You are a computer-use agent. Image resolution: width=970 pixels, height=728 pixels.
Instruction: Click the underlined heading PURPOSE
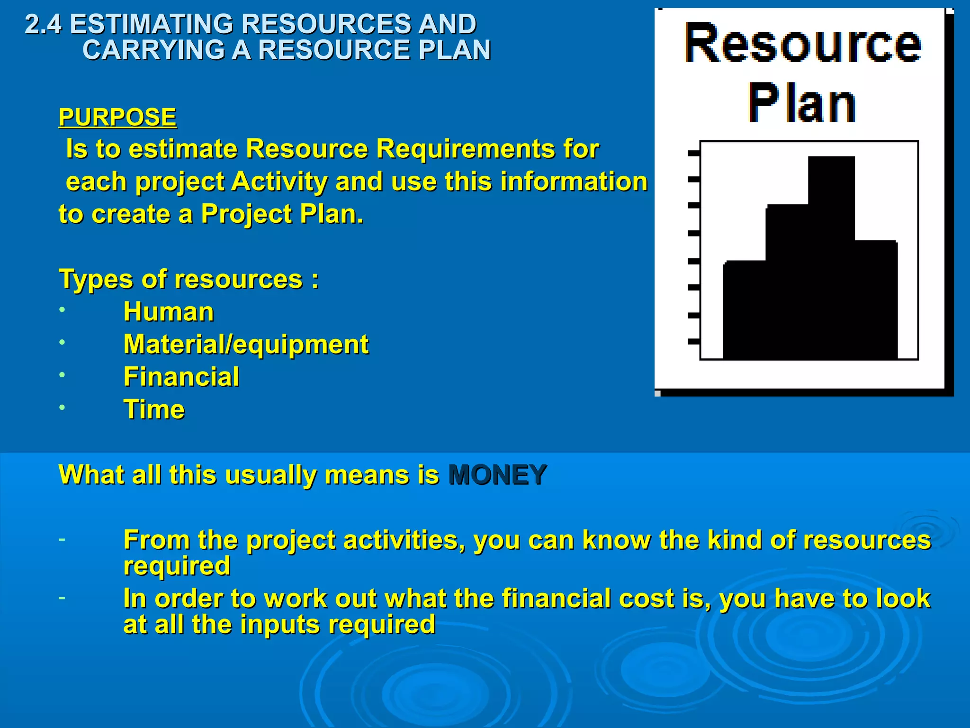pos(117,117)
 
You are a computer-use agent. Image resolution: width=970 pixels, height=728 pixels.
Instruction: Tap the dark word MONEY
pos(497,474)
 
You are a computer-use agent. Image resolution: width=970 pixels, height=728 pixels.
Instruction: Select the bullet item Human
pos(169,312)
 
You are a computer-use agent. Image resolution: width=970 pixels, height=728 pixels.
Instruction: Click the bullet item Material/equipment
pos(246,344)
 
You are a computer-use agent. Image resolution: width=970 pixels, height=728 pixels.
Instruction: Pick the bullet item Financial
pos(181,377)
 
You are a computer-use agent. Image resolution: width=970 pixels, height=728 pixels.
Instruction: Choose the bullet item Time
pos(154,409)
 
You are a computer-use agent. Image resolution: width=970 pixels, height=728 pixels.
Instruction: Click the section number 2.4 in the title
pos(43,24)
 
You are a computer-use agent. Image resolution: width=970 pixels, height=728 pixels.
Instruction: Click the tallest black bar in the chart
pos(831,256)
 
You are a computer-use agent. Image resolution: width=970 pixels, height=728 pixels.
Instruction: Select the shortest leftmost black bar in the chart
pos(744,310)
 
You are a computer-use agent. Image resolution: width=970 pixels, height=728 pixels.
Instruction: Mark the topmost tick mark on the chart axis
pos(693,153)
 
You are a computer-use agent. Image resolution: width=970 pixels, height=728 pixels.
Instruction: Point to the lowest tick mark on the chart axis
pos(693,341)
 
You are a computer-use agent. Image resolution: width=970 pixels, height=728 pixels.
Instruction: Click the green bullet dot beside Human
pos(62,310)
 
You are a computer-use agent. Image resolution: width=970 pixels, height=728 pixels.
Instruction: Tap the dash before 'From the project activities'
pos(62,539)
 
